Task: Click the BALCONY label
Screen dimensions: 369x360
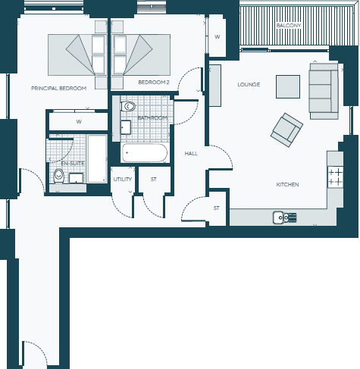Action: pos(289,26)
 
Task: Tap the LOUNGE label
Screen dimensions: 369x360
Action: pos(249,84)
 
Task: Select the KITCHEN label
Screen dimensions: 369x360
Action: pos(287,184)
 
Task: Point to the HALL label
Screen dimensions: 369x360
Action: pos(191,154)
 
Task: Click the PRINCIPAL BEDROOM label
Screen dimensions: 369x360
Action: pos(58,88)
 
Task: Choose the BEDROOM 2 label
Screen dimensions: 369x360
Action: pos(153,82)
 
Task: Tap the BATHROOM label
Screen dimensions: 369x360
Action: pos(152,118)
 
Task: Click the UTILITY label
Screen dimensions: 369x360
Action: pos(122,180)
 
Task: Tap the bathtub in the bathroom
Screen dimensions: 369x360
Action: pos(145,154)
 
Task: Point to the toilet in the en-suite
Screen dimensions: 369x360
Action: pos(58,176)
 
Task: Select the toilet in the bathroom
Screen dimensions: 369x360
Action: pos(127,107)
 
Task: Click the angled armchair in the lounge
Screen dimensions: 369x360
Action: pos(286,130)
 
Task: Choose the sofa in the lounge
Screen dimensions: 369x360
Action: pos(323,89)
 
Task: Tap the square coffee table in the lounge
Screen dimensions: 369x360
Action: pos(287,86)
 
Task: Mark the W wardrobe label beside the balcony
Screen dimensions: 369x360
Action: pos(217,36)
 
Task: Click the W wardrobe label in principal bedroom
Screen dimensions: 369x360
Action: pos(79,121)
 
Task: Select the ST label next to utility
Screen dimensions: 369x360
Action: pos(153,180)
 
